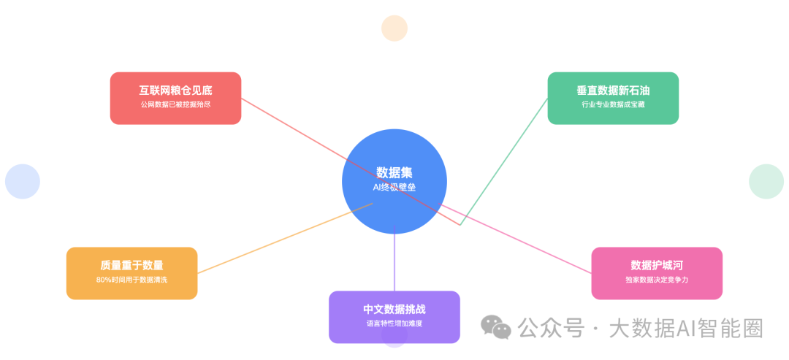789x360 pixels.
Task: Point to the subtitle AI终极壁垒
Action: (394, 187)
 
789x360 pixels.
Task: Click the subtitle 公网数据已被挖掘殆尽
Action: (175, 105)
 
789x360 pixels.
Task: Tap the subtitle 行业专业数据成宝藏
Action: (613, 105)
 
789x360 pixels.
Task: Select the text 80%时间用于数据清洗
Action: (131, 280)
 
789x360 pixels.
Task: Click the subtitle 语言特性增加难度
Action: (394, 323)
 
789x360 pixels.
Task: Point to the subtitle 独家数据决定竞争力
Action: (657, 280)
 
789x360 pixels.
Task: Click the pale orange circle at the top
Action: (394, 28)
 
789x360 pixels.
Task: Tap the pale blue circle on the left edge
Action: (23, 181)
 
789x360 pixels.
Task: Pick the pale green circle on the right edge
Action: (766, 181)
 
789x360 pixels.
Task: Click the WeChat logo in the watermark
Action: (496, 328)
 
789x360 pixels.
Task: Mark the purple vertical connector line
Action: (394, 263)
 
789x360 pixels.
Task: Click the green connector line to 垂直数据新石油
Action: (504, 161)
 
